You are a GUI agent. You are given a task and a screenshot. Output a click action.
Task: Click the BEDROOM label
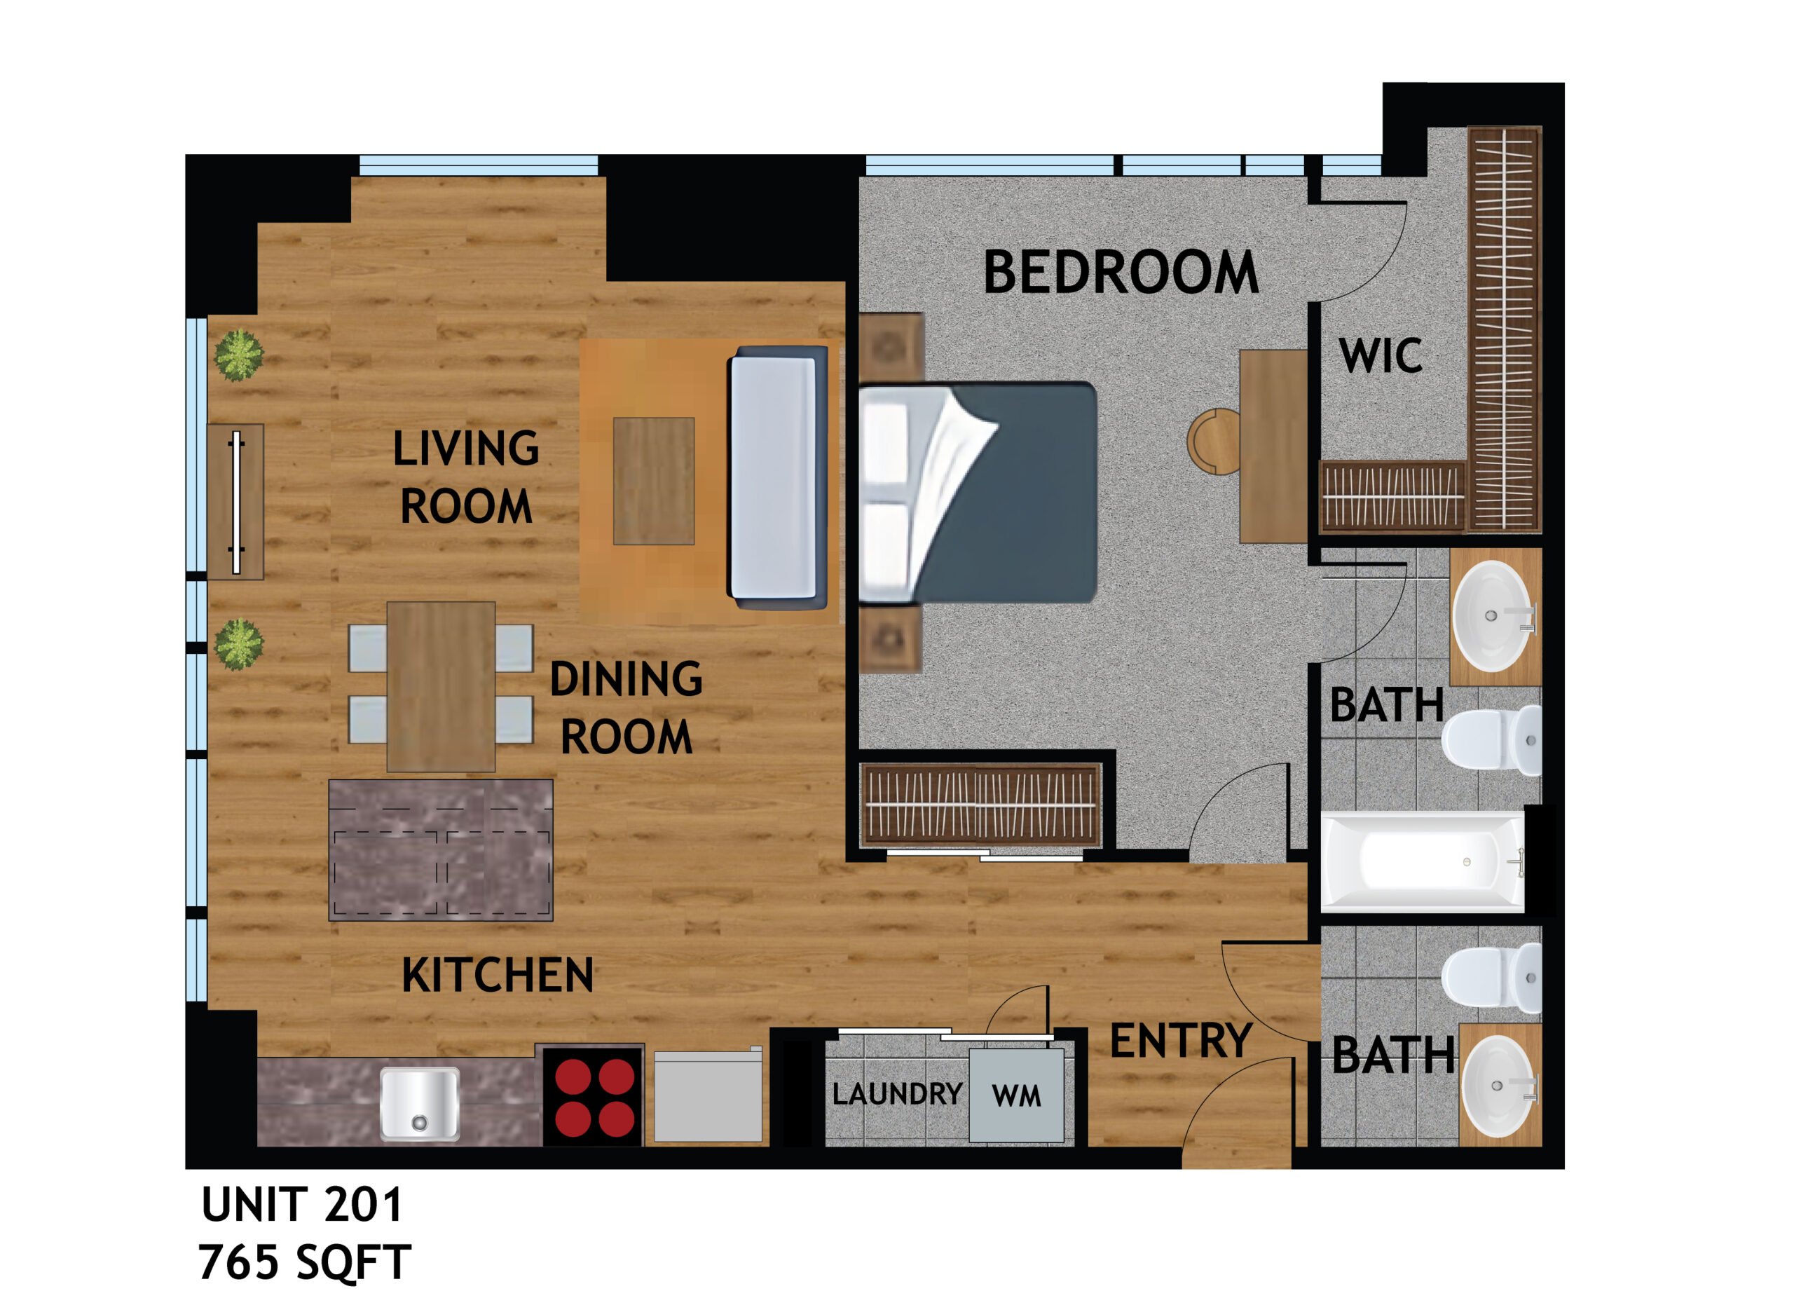[x=1120, y=273]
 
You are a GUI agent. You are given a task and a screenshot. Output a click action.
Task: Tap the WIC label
[x=1381, y=356]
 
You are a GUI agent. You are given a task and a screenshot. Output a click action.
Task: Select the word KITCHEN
[x=498, y=975]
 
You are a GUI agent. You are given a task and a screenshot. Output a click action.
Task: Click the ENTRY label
[x=1180, y=1041]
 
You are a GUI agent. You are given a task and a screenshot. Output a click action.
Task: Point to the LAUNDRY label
[x=897, y=1095]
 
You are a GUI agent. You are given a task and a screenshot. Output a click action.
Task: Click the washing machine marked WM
[x=1016, y=1095]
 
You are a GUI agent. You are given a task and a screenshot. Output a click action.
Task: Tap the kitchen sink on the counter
[x=419, y=1104]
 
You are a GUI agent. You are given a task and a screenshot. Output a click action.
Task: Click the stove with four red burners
[x=594, y=1098]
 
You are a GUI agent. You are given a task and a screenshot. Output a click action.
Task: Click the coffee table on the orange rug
[x=654, y=481]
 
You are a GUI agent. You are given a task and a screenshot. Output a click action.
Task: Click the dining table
[x=441, y=687]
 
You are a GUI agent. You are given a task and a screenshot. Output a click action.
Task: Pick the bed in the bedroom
[x=978, y=493]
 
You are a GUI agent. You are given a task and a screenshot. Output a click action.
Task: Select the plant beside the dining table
[x=239, y=644]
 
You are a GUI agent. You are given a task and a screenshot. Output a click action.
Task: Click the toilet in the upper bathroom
[x=1491, y=741]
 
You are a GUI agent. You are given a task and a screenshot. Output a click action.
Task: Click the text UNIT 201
[x=303, y=1205]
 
